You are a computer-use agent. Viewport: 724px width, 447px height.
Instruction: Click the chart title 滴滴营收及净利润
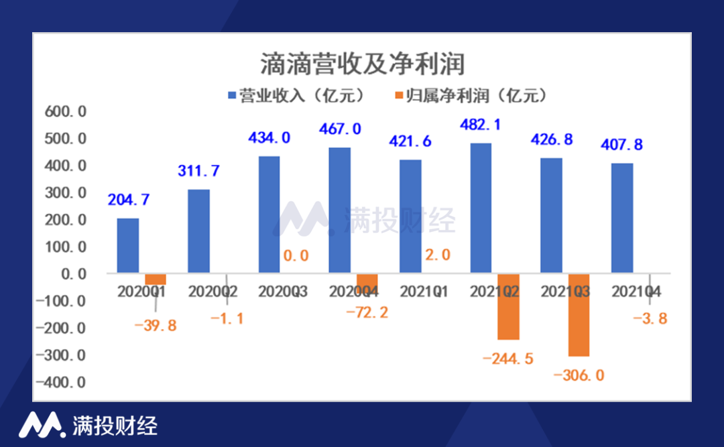click(362, 65)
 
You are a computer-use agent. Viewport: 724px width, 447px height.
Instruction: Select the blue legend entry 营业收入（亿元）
click(296, 96)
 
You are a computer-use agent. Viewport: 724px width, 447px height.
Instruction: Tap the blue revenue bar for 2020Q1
click(128, 245)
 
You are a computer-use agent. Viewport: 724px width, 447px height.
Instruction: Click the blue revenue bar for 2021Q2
click(481, 208)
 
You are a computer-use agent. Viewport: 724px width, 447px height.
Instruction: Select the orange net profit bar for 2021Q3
click(579, 314)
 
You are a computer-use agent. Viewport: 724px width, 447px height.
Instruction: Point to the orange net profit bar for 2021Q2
click(508, 306)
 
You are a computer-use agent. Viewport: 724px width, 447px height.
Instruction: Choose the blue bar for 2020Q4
click(339, 210)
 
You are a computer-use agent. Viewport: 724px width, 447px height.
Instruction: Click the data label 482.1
click(481, 125)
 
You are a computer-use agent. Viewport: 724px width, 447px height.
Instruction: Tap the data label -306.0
click(579, 375)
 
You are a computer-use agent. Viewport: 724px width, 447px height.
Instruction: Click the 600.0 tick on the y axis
click(64, 112)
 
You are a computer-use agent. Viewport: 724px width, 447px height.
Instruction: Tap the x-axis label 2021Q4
click(637, 292)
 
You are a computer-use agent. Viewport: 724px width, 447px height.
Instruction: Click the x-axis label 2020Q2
click(213, 292)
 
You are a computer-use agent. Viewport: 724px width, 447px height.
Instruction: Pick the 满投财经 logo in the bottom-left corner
click(87, 425)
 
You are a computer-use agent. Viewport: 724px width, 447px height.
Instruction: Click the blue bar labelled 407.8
click(622, 218)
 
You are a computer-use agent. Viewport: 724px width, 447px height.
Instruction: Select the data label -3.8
click(650, 319)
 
